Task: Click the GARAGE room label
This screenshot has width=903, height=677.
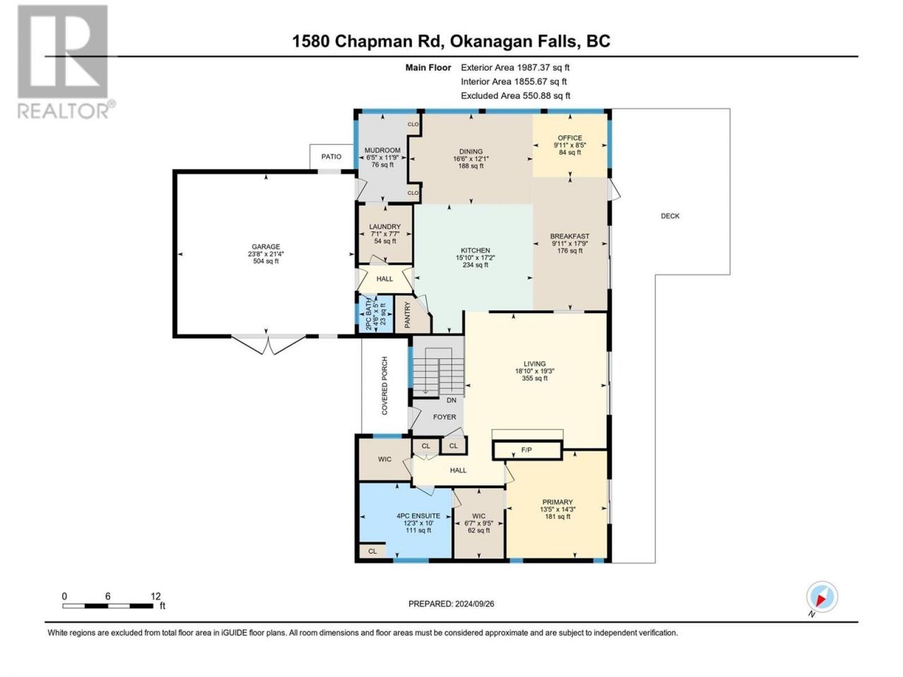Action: click(267, 247)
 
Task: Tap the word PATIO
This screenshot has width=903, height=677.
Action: click(332, 157)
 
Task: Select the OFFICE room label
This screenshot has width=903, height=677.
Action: click(570, 138)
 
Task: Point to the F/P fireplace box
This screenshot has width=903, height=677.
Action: click(526, 449)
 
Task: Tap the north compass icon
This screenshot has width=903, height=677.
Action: click(821, 598)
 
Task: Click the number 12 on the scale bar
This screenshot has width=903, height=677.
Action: click(156, 596)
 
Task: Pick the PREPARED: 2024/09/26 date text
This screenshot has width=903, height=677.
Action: click(456, 604)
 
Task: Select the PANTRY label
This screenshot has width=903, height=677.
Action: click(407, 315)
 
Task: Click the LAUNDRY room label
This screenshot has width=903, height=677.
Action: click(384, 227)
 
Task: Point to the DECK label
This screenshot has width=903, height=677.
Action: click(670, 216)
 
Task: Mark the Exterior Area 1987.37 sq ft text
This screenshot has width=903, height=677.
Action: click(515, 68)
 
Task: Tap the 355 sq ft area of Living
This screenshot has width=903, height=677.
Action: click(535, 379)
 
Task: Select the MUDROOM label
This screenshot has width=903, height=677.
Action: click(382, 150)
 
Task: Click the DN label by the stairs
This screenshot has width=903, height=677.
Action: click(451, 400)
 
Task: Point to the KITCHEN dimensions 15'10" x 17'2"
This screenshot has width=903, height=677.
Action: click(475, 257)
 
